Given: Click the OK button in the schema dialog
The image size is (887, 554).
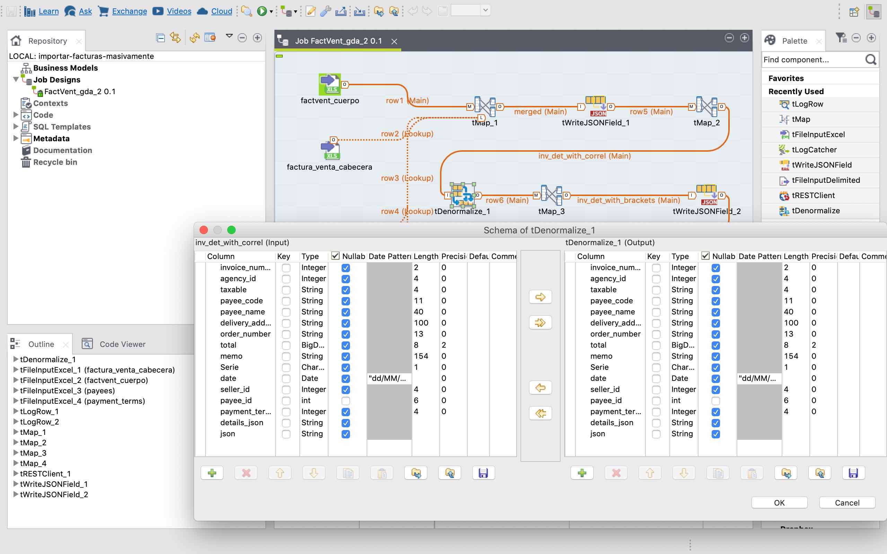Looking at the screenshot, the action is point(779,503).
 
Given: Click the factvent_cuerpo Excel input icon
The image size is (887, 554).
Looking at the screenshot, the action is point(330,84).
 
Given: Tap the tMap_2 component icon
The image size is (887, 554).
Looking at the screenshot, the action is point(706,107).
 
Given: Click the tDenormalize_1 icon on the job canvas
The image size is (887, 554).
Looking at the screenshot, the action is point(463,195).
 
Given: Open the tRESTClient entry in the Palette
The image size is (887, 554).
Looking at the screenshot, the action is point(813,195).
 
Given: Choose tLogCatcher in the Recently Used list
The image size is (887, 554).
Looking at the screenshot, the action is point(814,150).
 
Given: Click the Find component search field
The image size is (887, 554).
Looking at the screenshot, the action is point(814,59).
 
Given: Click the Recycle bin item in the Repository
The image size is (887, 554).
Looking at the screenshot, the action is point(55,162).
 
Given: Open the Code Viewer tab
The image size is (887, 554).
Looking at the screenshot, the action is point(122,344).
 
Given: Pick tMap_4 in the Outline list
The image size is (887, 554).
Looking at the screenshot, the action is point(33,463).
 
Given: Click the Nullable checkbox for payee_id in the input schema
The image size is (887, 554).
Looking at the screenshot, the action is point(346,401).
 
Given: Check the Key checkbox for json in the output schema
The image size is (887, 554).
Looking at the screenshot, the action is point(657,434).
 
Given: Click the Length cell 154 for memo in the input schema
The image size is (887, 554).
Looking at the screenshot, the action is point(421,356).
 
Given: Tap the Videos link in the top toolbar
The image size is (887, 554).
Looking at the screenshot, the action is point(179,11).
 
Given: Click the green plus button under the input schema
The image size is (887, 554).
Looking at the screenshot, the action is point(212,473).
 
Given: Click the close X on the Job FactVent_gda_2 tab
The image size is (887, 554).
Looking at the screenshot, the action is point(394,42).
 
